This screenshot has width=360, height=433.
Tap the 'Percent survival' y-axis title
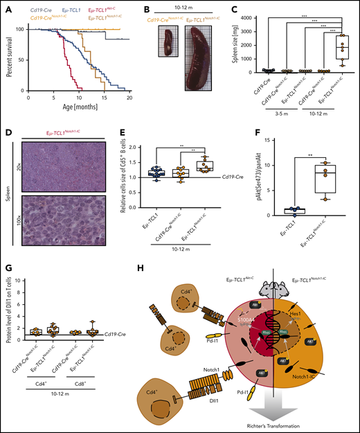tap(7, 59)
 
